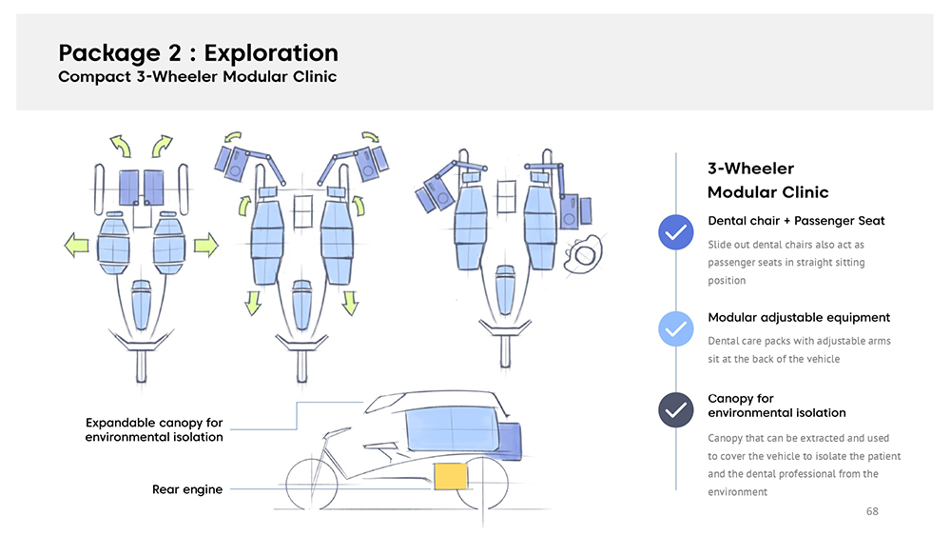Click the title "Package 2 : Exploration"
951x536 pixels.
pos(198,52)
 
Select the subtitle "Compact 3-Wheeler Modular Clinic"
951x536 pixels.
pos(197,77)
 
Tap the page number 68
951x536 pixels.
pos(872,511)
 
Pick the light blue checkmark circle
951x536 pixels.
pos(676,328)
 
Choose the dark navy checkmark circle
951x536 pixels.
pos(676,410)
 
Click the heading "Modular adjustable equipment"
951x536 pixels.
pos(799,317)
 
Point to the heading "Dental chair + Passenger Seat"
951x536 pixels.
pos(796,221)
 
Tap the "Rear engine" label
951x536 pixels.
pos(187,489)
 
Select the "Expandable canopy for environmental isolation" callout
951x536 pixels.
pos(154,429)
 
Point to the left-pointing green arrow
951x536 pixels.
pos(75,247)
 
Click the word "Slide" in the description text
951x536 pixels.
pos(721,245)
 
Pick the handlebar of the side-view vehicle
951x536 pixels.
pos(329,436)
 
